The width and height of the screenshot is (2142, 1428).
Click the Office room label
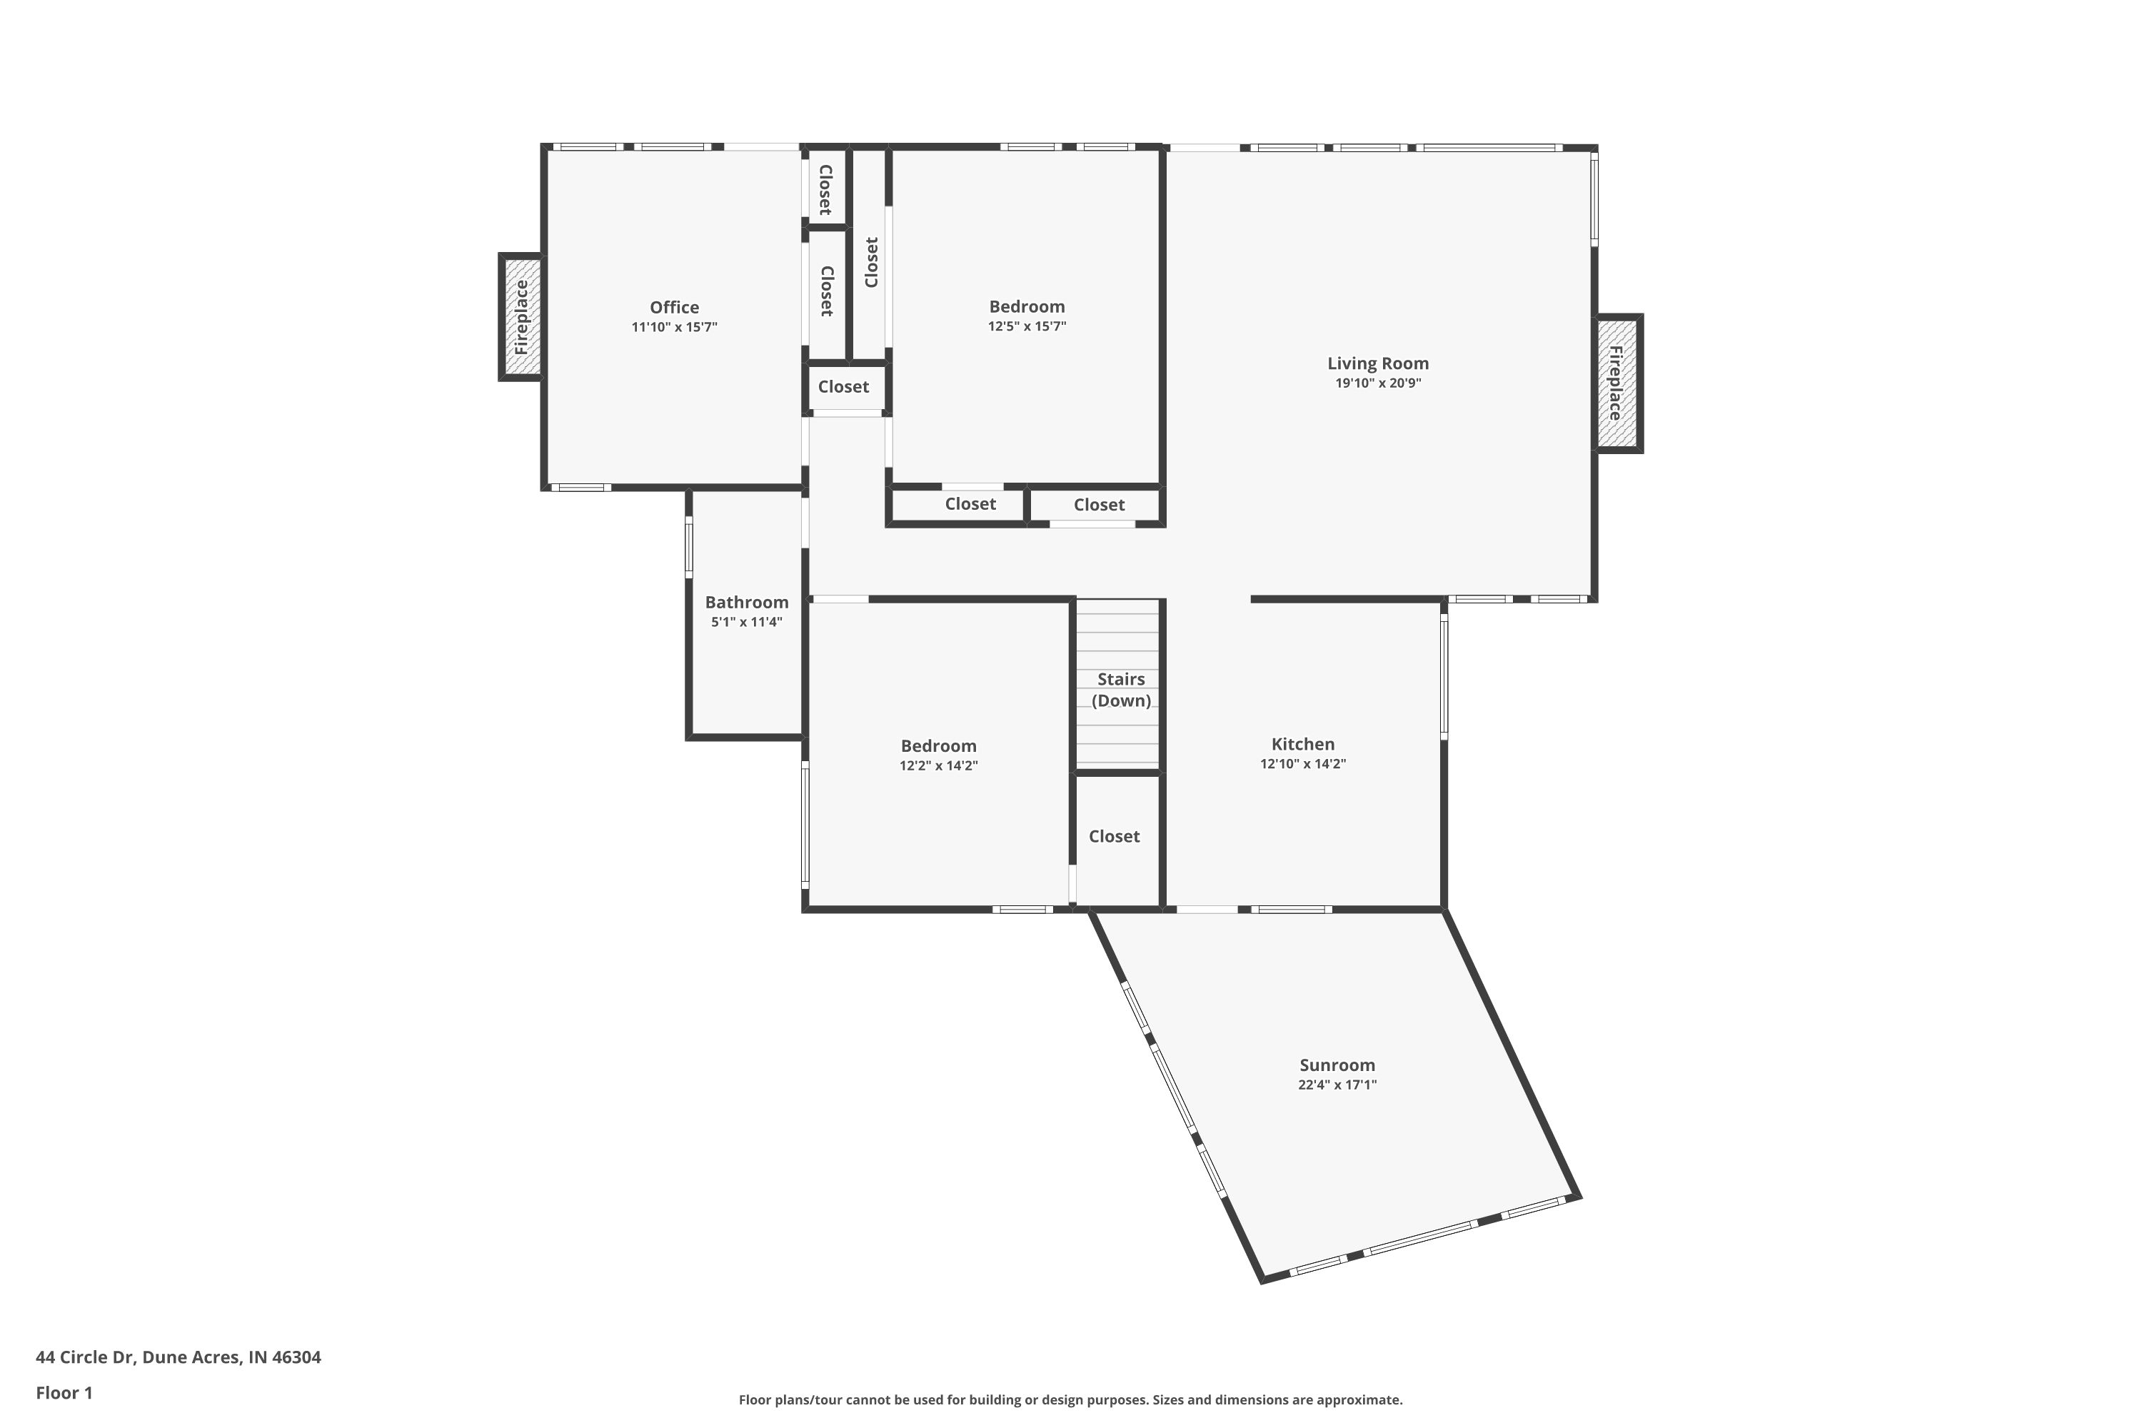tap(674, 308)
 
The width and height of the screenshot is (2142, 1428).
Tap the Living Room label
tap(1377, 363)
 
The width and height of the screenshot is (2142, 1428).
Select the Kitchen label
tap(1302, 744)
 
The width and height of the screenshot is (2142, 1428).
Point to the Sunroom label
tap(1337, 1065)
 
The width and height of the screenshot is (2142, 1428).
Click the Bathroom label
tap(747, 602)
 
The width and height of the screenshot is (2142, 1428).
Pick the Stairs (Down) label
tap(1121, 690)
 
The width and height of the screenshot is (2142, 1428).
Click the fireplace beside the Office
tap(521, 317)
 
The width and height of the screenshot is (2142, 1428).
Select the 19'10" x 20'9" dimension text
tap(1378, 383)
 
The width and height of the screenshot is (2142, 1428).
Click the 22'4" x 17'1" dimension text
tap(1337, 1085)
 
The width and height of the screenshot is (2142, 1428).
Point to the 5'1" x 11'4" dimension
tap(747, 622)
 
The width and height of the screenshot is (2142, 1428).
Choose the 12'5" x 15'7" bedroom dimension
tap(1027, 326)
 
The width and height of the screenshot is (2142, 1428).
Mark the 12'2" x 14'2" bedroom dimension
tap(938, 766)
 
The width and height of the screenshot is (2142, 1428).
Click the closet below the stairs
tap(1114, 836)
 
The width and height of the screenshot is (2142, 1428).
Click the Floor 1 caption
tap(64, 1392)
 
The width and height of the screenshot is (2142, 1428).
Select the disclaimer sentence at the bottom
tap(1070, 1399)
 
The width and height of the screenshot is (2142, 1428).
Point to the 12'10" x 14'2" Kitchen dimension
tap(1302, 764)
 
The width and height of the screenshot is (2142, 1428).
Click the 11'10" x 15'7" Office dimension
tap(674, 327)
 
